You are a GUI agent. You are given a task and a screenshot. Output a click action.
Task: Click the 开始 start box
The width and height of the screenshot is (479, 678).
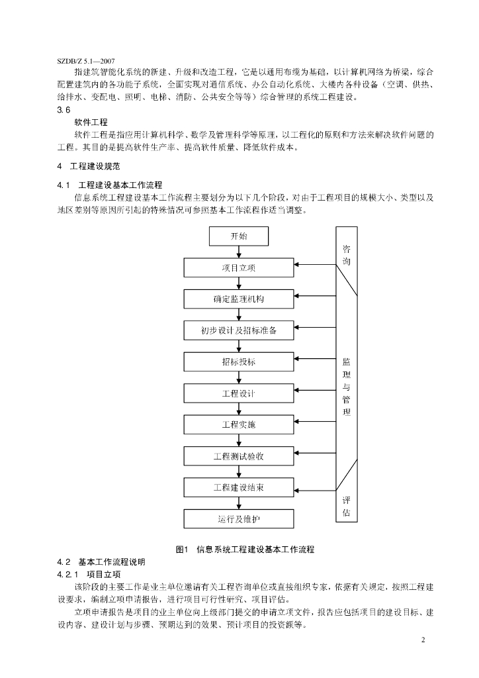click(x=239, y=236)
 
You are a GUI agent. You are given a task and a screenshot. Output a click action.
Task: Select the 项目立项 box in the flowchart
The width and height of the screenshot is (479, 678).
click(x=239, y=267)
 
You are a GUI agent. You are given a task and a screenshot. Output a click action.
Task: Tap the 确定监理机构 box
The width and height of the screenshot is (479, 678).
click(x=239, y=299)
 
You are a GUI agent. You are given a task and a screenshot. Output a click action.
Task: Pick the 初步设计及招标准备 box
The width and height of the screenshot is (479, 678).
click(x=239, y=330)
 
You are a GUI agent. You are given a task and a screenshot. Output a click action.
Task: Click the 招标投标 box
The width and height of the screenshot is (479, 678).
click(x=239, y=362)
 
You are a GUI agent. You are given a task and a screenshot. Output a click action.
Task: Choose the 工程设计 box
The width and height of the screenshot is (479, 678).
click(x=239, y=393)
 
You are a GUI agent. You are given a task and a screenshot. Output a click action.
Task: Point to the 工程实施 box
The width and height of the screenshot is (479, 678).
click(x=239, y=424)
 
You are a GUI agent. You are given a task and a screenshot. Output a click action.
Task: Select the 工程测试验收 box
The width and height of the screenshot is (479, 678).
click(x=239, y=456)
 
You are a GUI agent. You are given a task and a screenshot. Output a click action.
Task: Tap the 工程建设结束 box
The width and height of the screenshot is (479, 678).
click(x=239, y=487)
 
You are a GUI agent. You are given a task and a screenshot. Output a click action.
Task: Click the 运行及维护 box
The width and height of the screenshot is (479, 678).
click(x=239, y=519)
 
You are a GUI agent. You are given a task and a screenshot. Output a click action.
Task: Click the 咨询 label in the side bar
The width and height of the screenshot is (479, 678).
click(x=347, y=255)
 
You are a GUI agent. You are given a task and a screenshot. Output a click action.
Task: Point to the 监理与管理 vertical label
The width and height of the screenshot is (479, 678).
click(x=347, y=387)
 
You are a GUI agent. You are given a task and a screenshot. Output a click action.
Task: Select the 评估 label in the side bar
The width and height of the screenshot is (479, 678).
click(x=347, y=507)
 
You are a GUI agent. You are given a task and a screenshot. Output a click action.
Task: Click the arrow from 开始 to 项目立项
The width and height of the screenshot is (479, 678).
click(x=239, y=252)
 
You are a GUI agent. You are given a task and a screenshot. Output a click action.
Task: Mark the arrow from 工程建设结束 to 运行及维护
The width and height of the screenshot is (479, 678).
click(x=239, y=503)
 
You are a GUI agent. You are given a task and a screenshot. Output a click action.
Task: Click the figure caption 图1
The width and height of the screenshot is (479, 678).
click(x=182, y=550)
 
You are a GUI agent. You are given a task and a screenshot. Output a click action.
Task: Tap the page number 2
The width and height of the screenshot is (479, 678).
click(x=423, y=640)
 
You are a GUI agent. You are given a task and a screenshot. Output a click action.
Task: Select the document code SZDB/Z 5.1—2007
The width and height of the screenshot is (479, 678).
click(x=86, y=62)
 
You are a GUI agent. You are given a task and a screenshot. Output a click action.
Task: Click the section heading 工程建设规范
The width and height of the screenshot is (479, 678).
click(x=95, y=166)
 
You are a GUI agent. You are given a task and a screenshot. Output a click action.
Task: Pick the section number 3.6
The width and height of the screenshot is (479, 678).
click(x=64, y=110)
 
